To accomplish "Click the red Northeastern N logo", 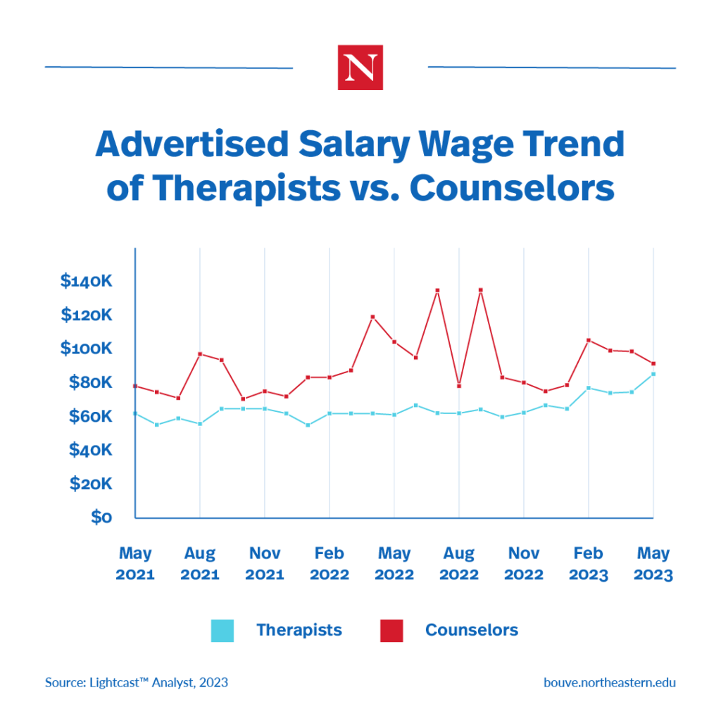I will (x=360, y=68).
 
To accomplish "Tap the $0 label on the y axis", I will (x=101, y=518).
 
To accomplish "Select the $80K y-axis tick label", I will (x=90, y=382).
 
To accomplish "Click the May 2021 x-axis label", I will (x=135, y=563).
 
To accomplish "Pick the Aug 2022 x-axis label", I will (x=459, y=563).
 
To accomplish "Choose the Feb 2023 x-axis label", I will (x=589, y=563).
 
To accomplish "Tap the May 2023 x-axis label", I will (x=653, y=563).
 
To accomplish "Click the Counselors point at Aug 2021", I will (x=200, y=354).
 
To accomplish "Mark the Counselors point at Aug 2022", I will (x=459, y=386).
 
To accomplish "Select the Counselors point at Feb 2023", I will (x=589, y=340).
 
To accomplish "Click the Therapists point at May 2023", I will (x=653, y=374).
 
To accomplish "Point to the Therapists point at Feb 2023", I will (x=589, y=388).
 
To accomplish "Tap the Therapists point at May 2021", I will (x=135, y=413).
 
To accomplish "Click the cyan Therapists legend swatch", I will (x=222, y=630).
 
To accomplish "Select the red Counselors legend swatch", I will (x=391, y=630).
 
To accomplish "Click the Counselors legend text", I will (x=471, y=630).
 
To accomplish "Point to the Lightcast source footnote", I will (x=137, y=682).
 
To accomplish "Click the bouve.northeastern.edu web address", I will (x=609, y=682).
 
